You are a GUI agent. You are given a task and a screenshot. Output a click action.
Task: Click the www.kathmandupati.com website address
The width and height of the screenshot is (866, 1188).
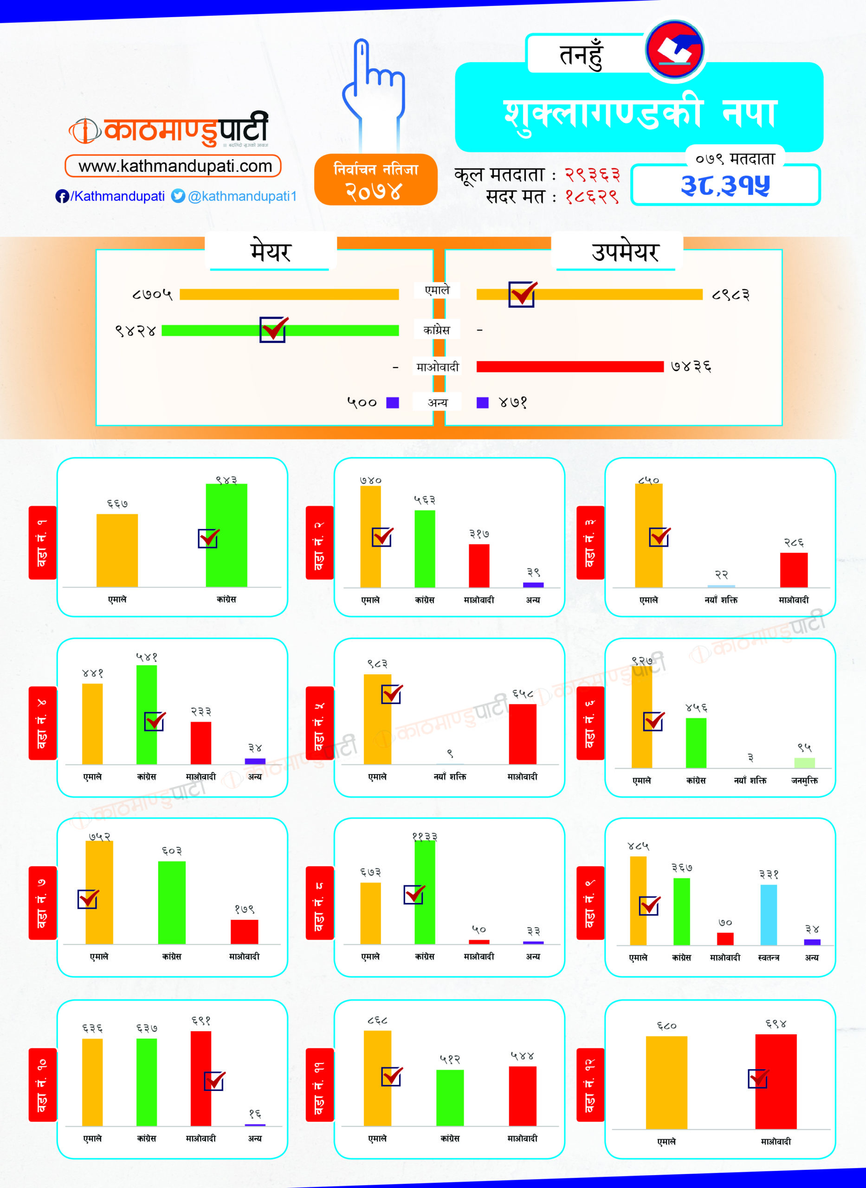pyautogui.click(x=174, y=166)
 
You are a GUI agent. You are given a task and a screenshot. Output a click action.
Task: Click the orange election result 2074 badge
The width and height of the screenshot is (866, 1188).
pyautogui.click(x=375, y=180)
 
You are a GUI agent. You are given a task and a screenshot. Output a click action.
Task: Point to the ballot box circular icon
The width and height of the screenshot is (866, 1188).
pyautogui.click(x=675, y=50)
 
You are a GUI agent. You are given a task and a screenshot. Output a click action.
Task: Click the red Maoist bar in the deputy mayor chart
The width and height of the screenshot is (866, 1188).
pyautogui.click(x=570, y=366)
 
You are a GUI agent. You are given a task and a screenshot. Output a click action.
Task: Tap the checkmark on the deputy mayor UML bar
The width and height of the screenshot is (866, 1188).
pyautogui.click(x=522, y=294)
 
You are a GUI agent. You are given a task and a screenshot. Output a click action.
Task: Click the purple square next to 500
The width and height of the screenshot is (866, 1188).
pyautogui.click(x=392, y=402)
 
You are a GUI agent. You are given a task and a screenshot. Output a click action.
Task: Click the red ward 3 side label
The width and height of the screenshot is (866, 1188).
pyautogui.click(x=590, y=542)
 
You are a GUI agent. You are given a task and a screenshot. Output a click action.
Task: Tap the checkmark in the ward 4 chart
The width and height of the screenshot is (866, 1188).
pyautogui.click(x=155, y=722)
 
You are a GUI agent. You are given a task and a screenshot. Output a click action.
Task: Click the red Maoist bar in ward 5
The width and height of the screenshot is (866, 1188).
pyautogui.click(x=522, y=734)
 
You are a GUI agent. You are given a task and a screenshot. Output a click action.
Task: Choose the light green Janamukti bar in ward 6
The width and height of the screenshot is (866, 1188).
pyautogui.click(x=804, y=762)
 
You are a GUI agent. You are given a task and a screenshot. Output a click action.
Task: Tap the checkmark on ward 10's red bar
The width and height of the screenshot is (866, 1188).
pyautogui.click(x=214, y=1081)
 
